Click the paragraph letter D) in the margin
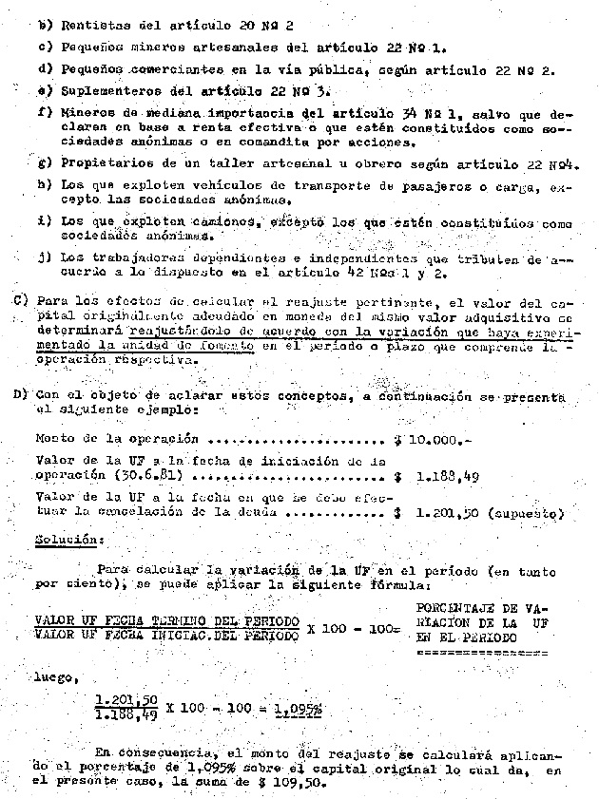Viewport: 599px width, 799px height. pos(19,394)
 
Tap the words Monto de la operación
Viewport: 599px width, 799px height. pos(116,439)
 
